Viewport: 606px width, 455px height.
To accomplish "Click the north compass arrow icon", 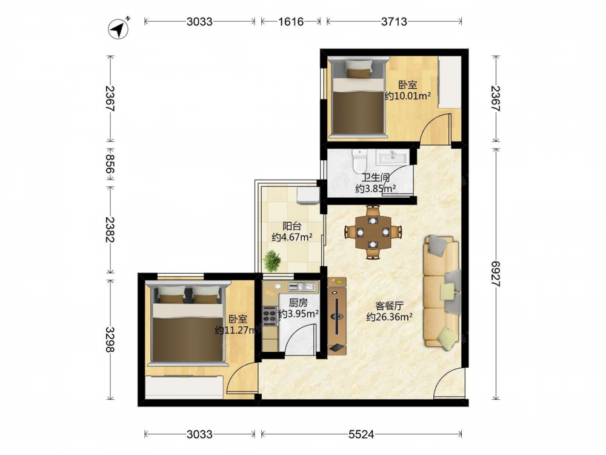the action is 119,29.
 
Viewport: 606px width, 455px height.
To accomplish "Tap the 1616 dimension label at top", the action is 291,21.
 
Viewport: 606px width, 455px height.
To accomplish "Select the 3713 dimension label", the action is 395,21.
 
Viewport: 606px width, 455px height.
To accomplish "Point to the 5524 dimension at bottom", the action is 361,434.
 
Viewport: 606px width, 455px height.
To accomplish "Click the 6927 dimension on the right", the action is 496,274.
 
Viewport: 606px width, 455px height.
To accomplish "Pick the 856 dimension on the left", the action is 110,164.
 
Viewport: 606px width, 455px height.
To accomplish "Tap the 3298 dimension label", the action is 110,339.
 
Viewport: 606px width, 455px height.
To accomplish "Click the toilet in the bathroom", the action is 359,161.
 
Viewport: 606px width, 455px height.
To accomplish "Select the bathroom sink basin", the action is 392,158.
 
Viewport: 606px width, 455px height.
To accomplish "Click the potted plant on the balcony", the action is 272,261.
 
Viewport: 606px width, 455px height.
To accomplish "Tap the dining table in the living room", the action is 373,232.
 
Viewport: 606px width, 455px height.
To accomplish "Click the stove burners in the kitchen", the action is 270,315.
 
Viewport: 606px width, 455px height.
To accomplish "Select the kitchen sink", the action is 302,287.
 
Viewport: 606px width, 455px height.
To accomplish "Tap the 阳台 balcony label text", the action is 292,226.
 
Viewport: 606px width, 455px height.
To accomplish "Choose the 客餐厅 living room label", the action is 389,306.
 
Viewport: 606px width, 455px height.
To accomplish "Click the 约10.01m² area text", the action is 408,96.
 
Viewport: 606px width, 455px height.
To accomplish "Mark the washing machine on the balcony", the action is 308,195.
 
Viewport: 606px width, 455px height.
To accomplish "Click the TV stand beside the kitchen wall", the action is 337,315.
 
